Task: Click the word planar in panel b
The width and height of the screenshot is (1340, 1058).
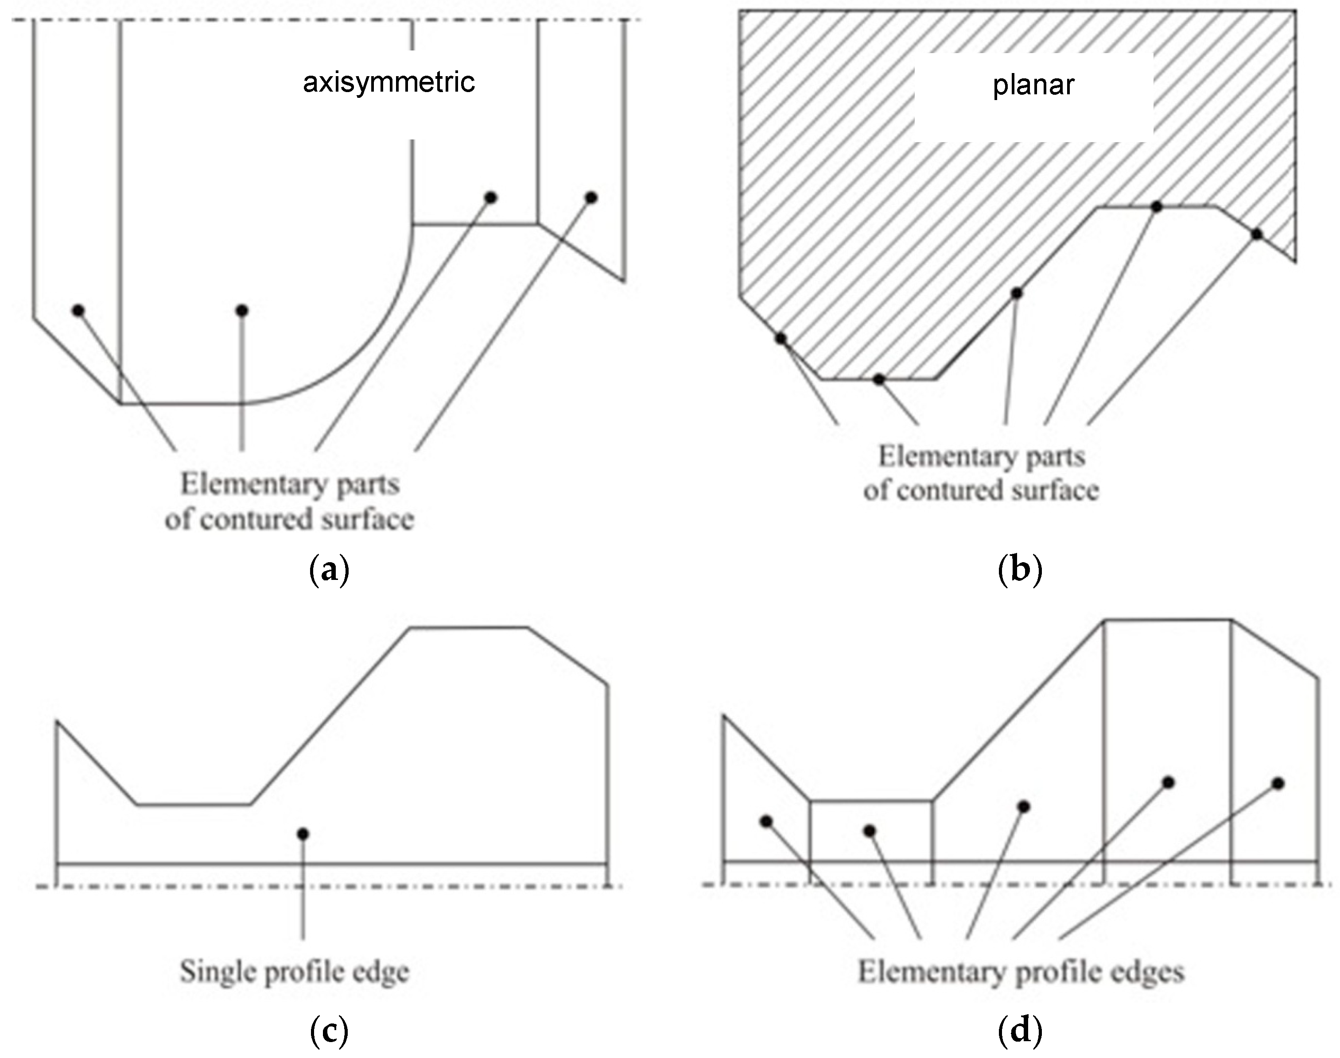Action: (1033, 85)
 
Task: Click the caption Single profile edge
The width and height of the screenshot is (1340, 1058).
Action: (295, 972)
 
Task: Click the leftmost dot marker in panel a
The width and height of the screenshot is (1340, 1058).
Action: (78, 310)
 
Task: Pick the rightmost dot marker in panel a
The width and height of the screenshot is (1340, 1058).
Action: (591, 197)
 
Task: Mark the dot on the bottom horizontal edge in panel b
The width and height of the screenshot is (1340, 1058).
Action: (879, 379)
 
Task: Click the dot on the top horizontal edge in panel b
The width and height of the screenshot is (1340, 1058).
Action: (1156, 207)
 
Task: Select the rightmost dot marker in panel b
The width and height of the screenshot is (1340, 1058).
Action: (1256, 234)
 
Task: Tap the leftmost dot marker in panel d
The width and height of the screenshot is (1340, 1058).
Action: (766, 821)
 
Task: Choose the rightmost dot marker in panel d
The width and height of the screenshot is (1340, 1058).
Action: (1278, 784)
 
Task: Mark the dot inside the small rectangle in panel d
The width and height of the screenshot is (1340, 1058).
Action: (870, 830)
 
